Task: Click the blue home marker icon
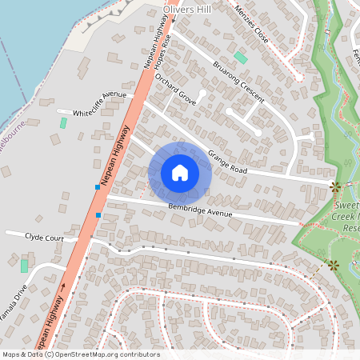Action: click(180, 173)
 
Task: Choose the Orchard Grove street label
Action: click(175, 90)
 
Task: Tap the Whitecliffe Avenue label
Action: click(100, 105)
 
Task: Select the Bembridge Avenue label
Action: click(200, 210)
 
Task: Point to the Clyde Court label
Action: click(44, 238)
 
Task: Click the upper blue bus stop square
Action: click(98, 187)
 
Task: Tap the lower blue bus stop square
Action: click(98, 214)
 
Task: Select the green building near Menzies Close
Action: click(241, 58)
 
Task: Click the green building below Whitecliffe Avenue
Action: click(63, 123)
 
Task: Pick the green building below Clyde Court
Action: click(24, 265)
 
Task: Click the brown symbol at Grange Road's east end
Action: click(334, 186)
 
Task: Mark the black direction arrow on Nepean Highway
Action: click(64, 286)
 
